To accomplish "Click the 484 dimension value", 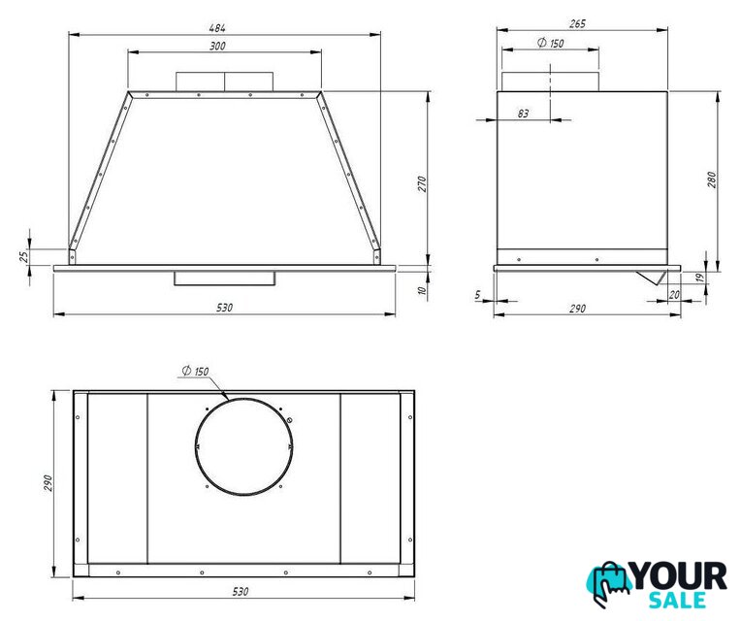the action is pyautogui.click(x=217, y=28).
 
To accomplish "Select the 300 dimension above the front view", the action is pyautogui.click(x=217, y=46).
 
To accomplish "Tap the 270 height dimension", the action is pyautogui.click(x=422, y=183).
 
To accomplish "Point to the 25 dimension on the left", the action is pyautogui.click(x=24, y=256).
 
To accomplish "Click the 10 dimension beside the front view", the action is pyautogui.click(x=423, y=290).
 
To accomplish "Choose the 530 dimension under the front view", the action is pyautogui.click(x=224, y=308).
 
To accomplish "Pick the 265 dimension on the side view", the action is pyautogui.click(x=577, y=23).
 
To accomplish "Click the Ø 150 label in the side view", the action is pyautogui.click(x=551, y=43).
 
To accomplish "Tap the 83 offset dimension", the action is pyautogui.click(x=523, y=114).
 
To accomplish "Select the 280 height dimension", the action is pyautogui.click(x=712, y=180).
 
